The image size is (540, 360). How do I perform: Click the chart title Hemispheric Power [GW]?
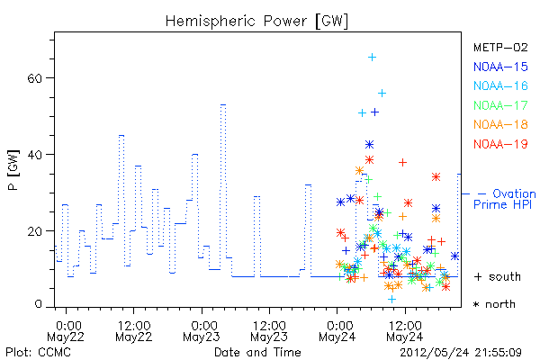pyautogui.click(x=256, y=22)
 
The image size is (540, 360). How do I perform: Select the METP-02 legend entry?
pyautogui.click(x=500, y=48)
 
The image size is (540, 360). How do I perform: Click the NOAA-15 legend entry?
pyautogui.click(x=500, y=67)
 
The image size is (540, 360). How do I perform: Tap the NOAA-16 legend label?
pyautogui.click(x=500, y=85)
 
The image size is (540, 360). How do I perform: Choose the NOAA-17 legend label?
pyautogui.click(x=500, y=105)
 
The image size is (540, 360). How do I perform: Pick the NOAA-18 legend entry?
pyautogui.click(x=500, y=124)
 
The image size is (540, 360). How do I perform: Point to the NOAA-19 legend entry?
pyautogui.click(x=500, y=144)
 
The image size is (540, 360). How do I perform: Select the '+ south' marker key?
pyautogui.click(x=498, y=276)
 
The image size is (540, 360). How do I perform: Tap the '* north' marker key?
pyautogui.click(x=494, y=304)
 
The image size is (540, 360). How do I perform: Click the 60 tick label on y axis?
pyautogui.click(x=34, y=78)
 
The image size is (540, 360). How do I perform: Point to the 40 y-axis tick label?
pyautogui.click(x=34, y=155)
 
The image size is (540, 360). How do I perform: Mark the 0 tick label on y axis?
pyautogui.click(x=38, y=304)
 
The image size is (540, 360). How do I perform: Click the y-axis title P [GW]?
pyautogui.click(x=13, y=170)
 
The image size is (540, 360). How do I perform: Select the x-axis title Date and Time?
pyautogui.click(x=257, y=353)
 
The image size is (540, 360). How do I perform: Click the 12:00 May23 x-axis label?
pyautogui.click(x=269, y=331)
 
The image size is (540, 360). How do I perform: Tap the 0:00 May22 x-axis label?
pyautogui.click(x=66, y=331)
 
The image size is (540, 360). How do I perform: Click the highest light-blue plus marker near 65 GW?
pyautogui.click(x=372, y=58)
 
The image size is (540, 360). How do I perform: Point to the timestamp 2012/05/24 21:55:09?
pyautogui.click(x=461, y=353)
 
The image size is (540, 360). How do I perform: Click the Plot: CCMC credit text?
pyautogui.click(x=38, y=353)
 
